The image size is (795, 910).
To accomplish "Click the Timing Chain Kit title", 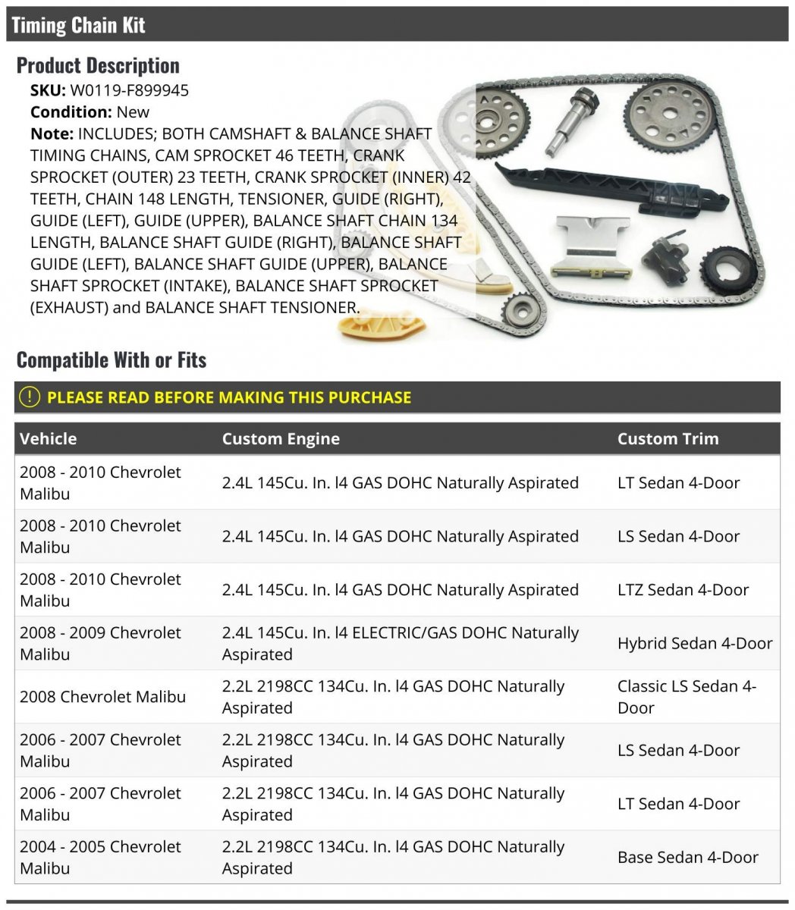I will pyautogui.click(x=78, y=25).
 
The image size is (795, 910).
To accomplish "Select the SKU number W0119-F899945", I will pyautogui.click(x=129, y=90).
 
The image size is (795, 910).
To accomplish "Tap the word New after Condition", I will pyautogui.click(x=133, y=112).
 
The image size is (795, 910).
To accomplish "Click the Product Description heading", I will pyautogui.click(x=98, y=65).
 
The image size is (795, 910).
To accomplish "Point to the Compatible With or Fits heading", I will pyautogui.click(x=112, y=359).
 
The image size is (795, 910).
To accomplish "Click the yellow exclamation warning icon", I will pyautogui.click(x=30, y=397).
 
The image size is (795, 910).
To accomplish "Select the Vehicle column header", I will pyautogui.click(x=49, y=438).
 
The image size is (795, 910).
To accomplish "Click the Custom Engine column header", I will pyautogui.click(x=281, y=438).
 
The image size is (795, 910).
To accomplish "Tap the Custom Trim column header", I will pyautogui.click(x=668, y=438).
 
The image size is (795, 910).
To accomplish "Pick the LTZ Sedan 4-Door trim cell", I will pyautogui.click(x=683, y=590).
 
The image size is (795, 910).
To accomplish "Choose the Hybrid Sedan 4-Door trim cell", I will pyautogui.click(x=694, y=643).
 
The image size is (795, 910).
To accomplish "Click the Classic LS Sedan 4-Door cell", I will pyautogui.click(x=687, y=697).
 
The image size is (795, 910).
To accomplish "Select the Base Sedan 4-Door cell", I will pyautogui.click(x=687, y=858).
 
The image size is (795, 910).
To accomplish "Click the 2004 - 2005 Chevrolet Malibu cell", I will pyautogui.click(x=100, y=858).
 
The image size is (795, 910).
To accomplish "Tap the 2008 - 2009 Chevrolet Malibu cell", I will pyautogui.click(x=100, y=643).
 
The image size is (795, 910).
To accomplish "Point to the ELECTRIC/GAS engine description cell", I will pyautogui.click(x=401, y=643).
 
